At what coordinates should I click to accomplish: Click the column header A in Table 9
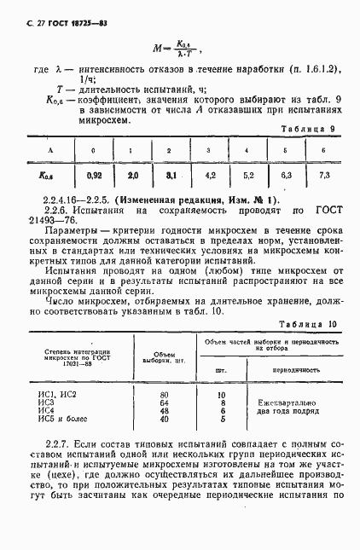(48, 150)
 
